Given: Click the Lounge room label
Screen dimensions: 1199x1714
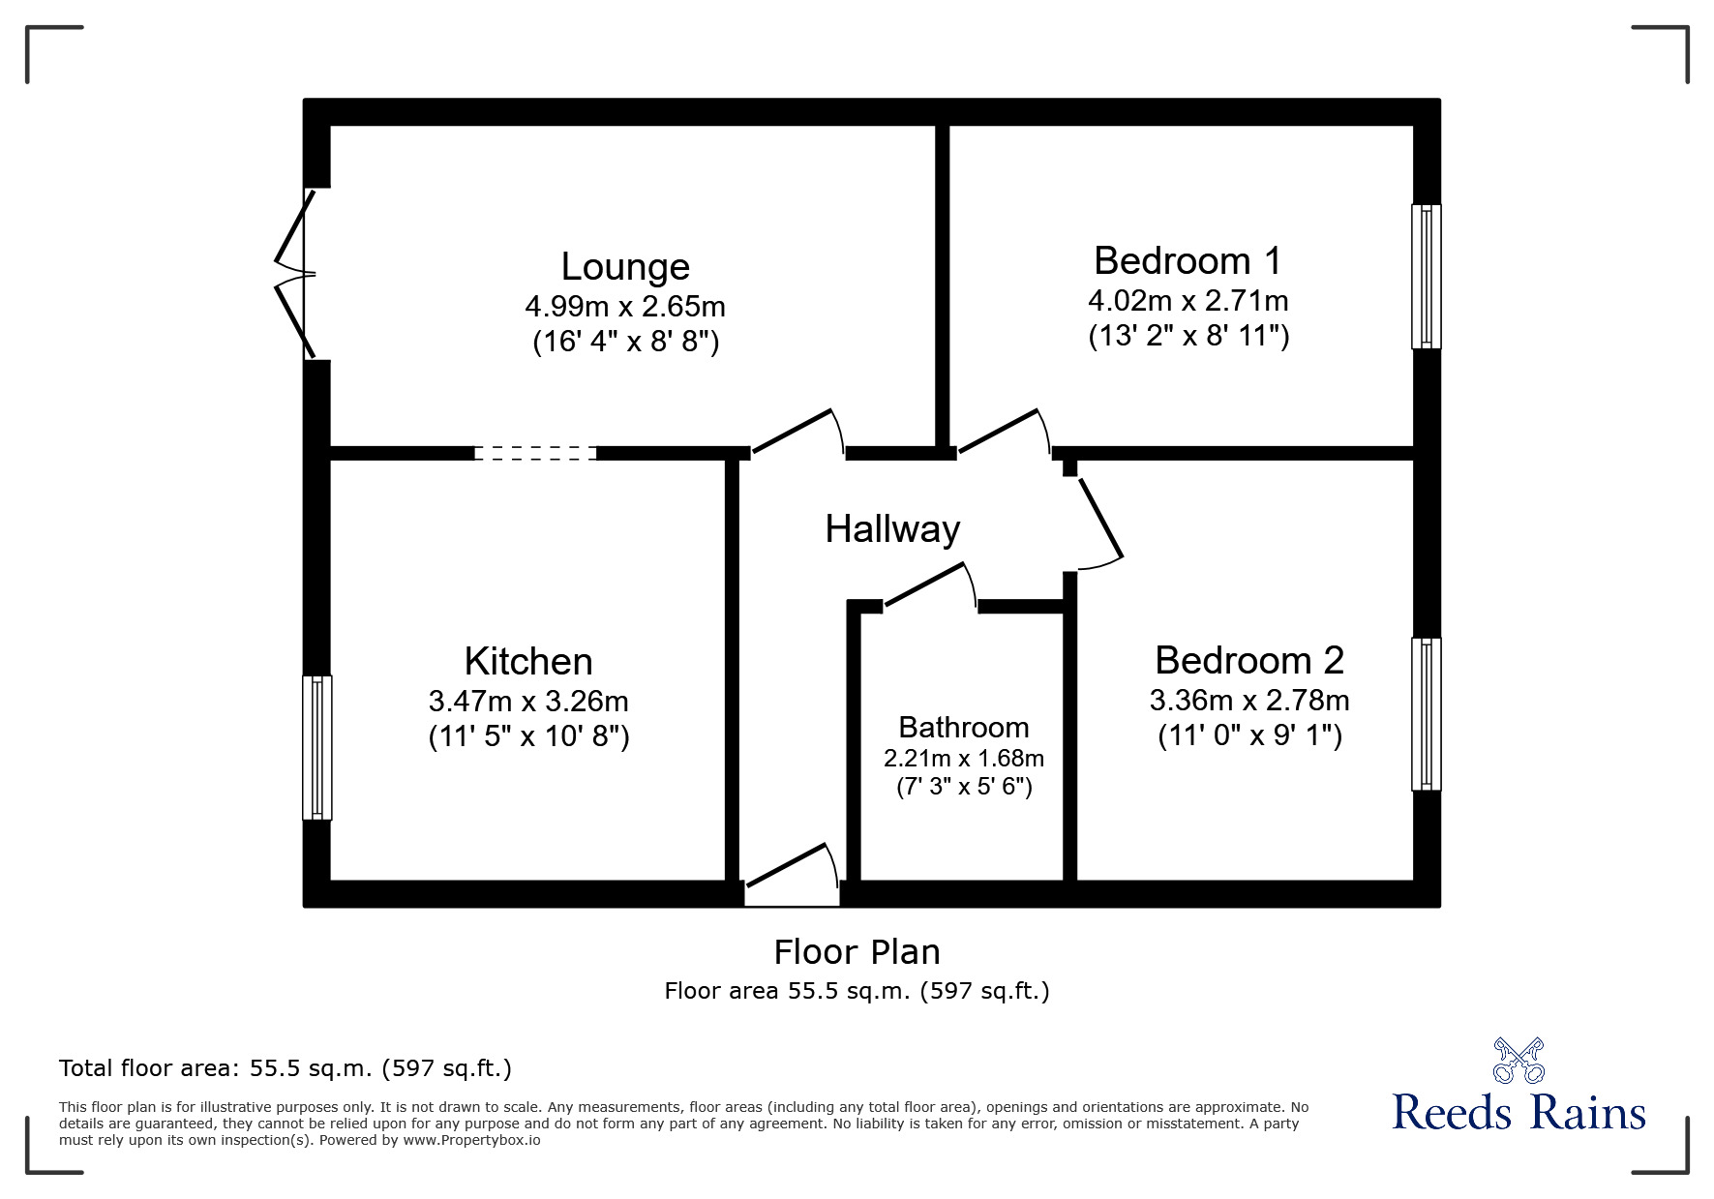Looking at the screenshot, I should coord(625,267).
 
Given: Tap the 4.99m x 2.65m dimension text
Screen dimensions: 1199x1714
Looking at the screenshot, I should coord(625,307).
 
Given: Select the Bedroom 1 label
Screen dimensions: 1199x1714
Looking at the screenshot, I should coord(1188,261).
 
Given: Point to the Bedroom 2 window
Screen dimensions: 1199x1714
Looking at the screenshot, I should coord(1426,714).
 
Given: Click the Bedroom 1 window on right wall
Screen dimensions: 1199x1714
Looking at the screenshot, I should coord(1426,276).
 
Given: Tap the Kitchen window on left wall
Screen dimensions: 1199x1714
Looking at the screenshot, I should coord(317,747).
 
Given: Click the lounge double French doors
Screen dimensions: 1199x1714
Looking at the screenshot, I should coord(296,275).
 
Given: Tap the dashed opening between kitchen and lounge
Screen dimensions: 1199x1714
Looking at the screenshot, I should coord(535,453).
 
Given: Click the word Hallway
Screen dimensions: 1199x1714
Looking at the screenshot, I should coord(892,529).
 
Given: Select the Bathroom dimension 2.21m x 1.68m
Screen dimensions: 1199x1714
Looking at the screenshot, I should coord(964,758).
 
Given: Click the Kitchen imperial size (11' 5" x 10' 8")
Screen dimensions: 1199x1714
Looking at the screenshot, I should coord(529,736).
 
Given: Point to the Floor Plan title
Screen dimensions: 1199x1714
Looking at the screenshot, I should coord(857,952).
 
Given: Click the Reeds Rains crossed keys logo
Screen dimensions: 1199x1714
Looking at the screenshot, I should coord(1518,1061).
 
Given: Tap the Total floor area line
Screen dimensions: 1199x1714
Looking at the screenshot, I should coord(286,1068).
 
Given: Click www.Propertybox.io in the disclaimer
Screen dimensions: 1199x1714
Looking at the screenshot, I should coord(471,1140).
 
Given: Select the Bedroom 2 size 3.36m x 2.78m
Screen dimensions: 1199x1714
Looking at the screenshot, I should coord(1249,700).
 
